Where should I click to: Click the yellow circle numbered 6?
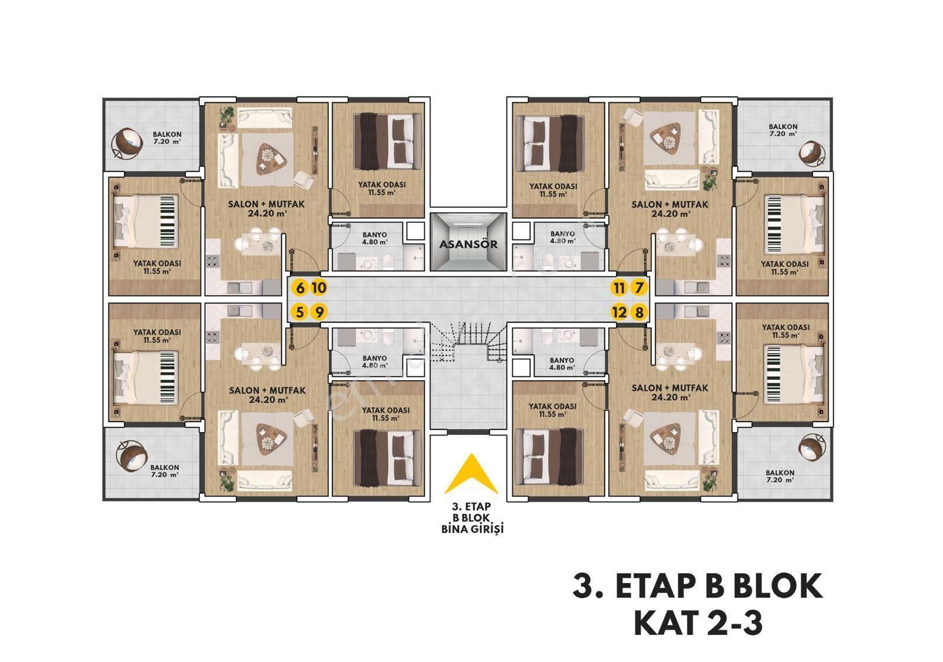pos(300,288)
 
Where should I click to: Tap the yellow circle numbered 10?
pos(319,288)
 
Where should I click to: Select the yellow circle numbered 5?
pos(300,312)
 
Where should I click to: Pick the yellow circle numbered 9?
pos(319,312)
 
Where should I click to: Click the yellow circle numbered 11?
pos(619,288)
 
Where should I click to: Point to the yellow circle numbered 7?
pos(639,288)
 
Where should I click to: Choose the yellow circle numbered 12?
pos(619,312)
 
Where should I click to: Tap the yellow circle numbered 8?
pos(639,312)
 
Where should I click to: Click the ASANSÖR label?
pos(468,244)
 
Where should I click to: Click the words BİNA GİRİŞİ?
pos(472,529)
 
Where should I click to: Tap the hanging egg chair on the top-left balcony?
pos(126,142)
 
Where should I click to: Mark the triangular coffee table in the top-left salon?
pos(271,159)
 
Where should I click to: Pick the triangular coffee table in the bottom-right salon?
pos(666,439)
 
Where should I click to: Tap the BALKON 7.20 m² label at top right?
pos(783,130)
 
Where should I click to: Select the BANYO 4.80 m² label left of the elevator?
pos(375,238)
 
